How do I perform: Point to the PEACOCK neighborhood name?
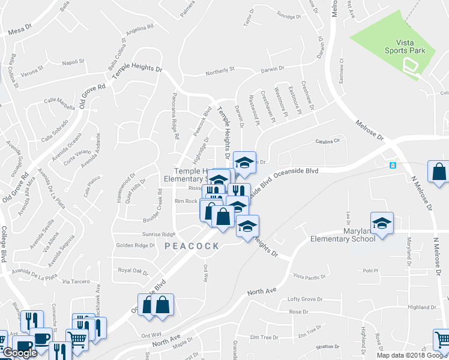(x=191, y=246)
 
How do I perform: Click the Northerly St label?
(x=220, y=70)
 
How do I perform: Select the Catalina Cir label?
(x=328, y=142)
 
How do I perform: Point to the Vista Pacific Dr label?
(x=309, y=277)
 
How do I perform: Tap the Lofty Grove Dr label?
(x=305, y=299)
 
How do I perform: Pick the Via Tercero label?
(x=76, y=281)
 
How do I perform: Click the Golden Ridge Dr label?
(x=135, y=245)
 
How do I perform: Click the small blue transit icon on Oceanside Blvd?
(x=393, y=166)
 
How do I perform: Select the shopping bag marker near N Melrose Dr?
(x=439, y=171)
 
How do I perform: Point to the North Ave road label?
(x=262, y=292)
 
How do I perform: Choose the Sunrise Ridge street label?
(x=158, y=234)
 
